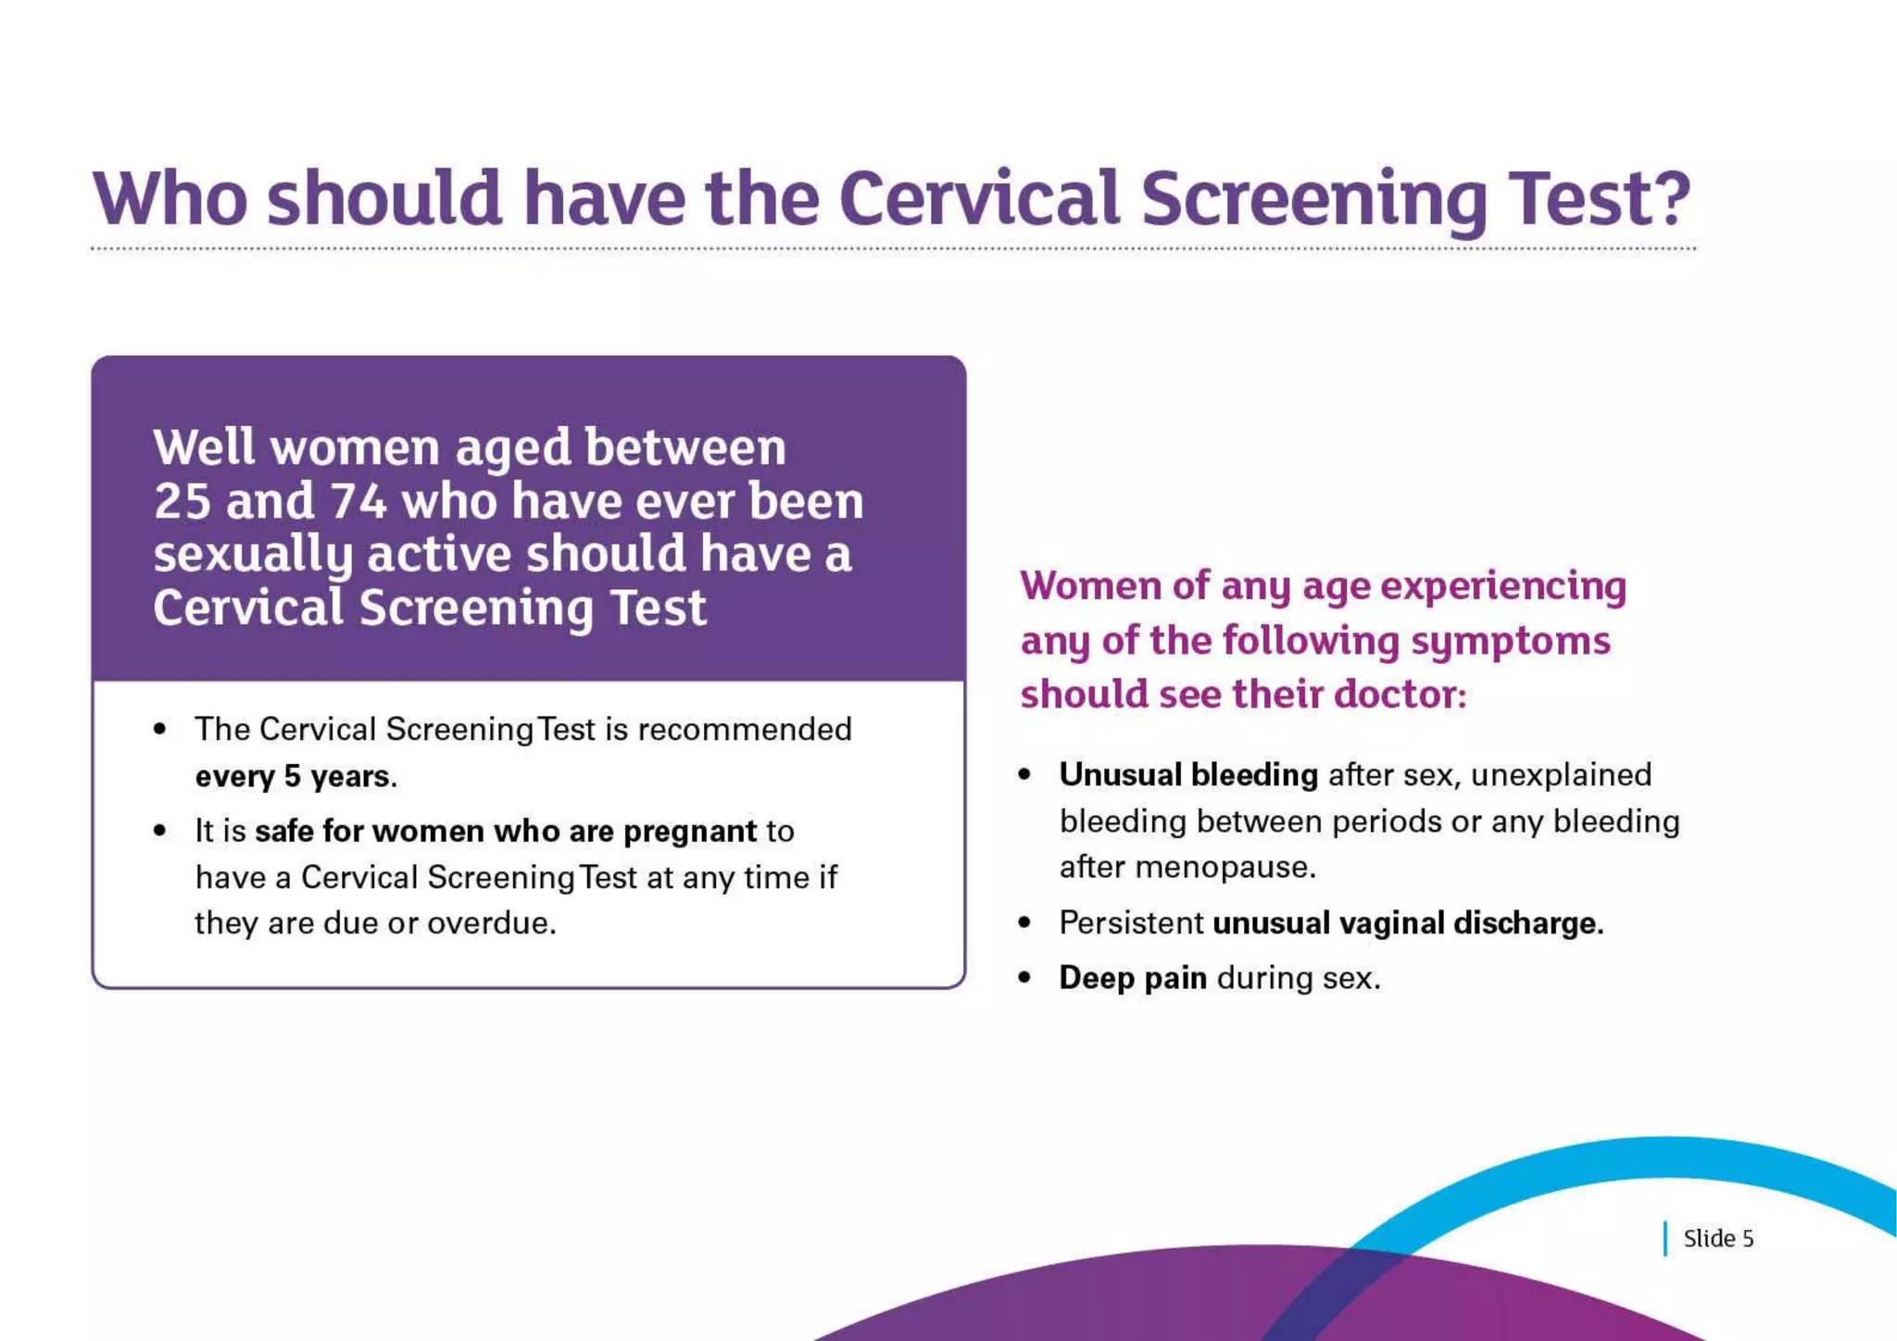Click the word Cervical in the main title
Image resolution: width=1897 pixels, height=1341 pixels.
pos(979,198)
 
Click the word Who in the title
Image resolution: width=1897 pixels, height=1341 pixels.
pos(170,198)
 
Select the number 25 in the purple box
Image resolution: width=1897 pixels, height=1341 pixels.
pos(182,502)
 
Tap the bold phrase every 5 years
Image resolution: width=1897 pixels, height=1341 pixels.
pos(295,776)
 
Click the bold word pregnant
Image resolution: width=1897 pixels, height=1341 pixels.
pos(690,832)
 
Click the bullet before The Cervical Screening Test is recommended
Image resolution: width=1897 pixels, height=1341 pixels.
pos(160,730)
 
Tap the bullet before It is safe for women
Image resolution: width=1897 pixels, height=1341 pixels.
pos(160,831)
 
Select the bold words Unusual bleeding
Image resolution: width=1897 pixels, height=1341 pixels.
pos(1188,774)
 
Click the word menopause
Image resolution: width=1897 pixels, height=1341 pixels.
pos(1224,868)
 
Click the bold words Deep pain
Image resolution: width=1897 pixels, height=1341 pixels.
pos(1132,978)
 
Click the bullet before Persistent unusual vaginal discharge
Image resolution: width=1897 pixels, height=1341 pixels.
pos(1024,922)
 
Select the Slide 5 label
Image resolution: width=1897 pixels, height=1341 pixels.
pos(1718,1238)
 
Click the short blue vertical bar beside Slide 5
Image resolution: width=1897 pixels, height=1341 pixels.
pos(1665,1238)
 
